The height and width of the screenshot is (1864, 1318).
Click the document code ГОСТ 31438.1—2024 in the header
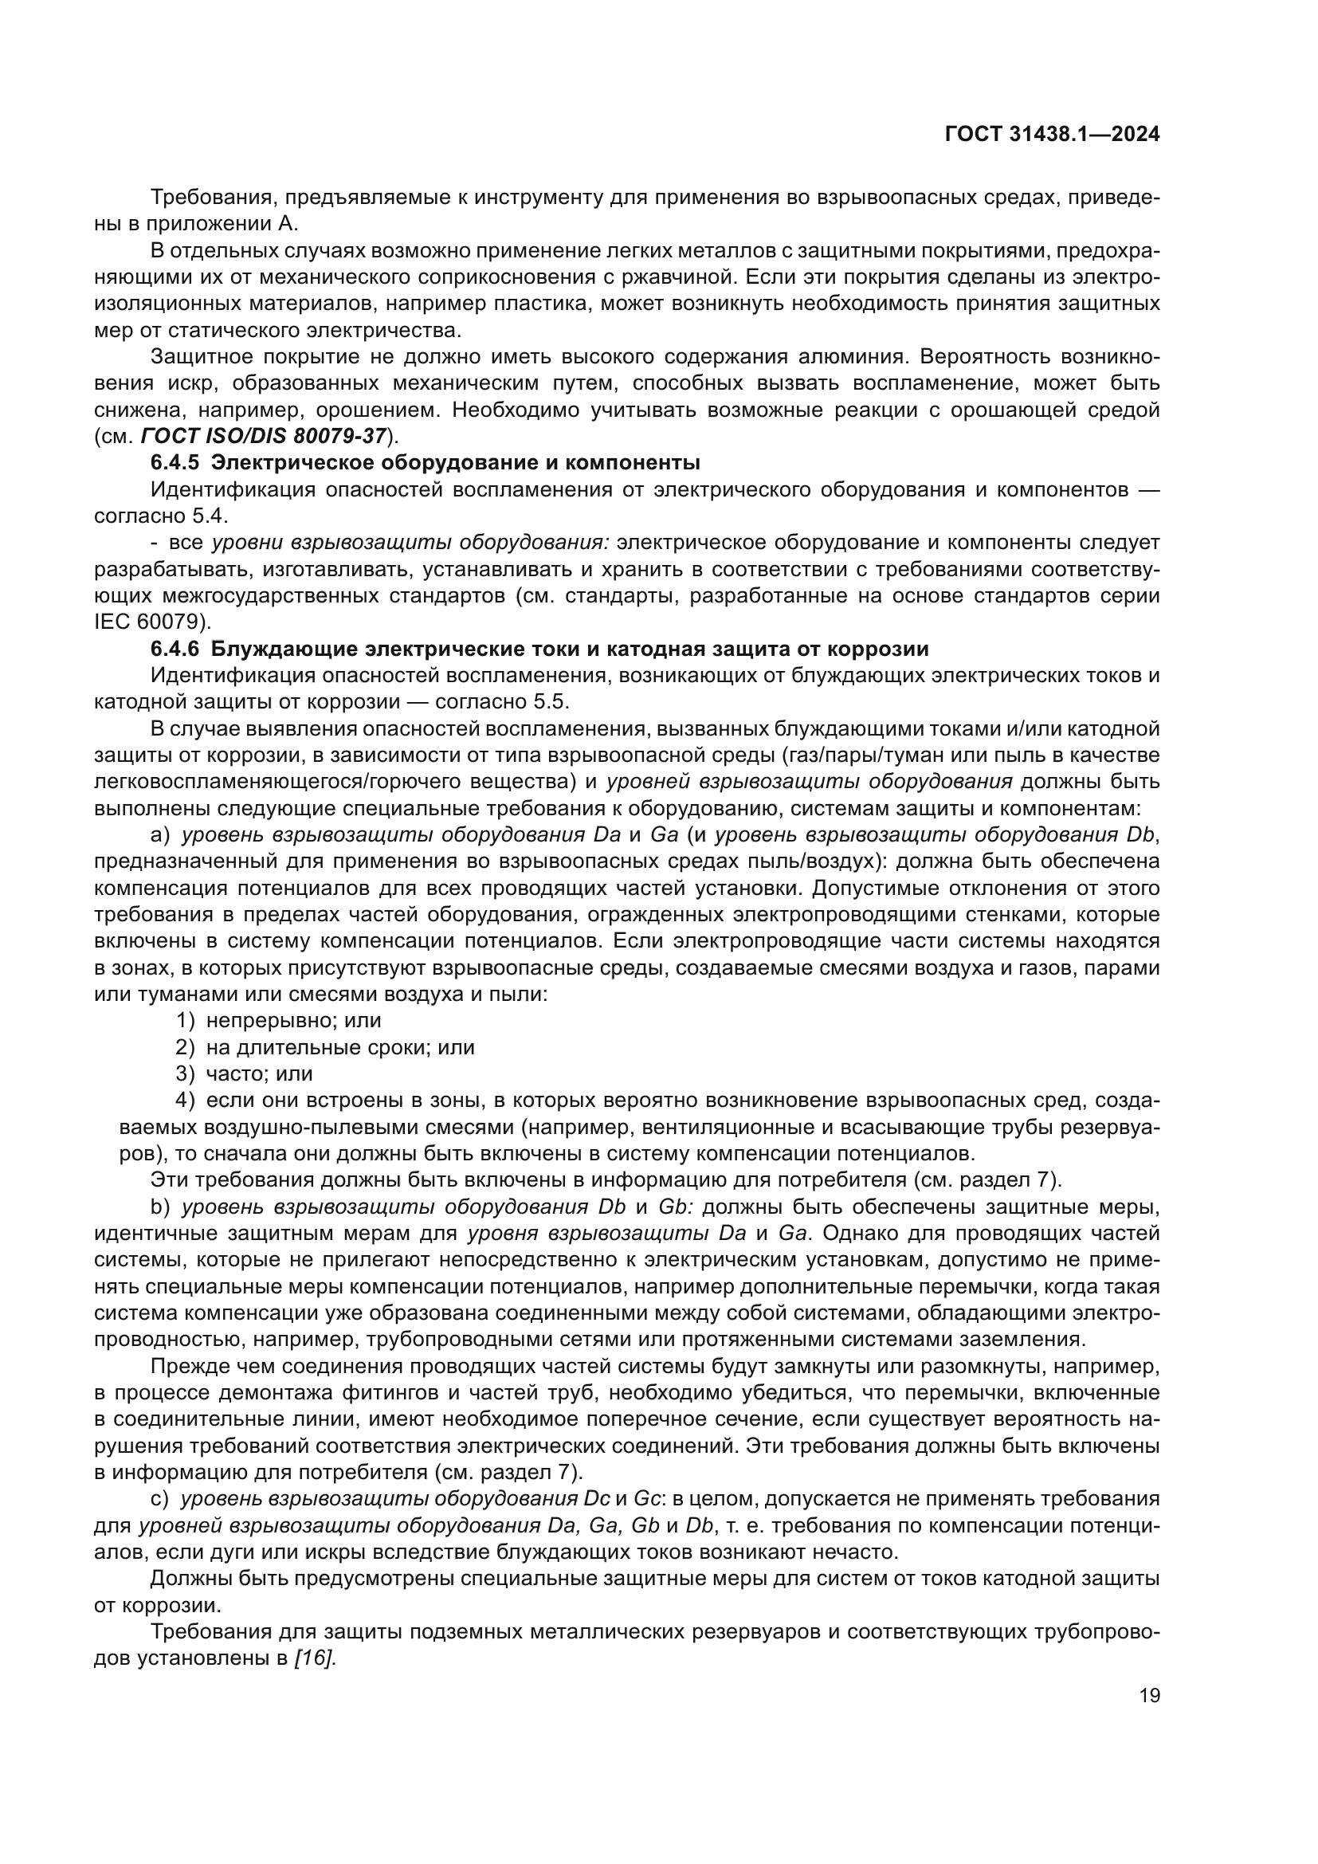1052,135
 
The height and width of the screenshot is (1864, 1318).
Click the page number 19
1149,1695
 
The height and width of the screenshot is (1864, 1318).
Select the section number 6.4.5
175,463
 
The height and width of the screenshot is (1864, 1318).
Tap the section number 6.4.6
175,649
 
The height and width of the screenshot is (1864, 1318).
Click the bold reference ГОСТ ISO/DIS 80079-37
263,436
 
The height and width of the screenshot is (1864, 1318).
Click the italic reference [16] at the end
315,1658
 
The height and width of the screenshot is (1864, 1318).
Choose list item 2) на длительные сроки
324,1047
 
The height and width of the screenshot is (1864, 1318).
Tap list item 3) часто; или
245,1073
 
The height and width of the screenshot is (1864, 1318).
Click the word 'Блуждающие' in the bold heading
280,649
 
